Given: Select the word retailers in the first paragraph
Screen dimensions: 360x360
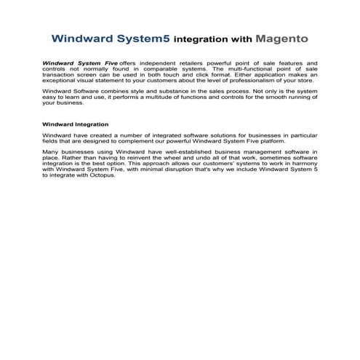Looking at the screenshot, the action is click(x=192, y=64).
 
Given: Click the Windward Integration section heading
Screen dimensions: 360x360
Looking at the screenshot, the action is click(x=76, y=124).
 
